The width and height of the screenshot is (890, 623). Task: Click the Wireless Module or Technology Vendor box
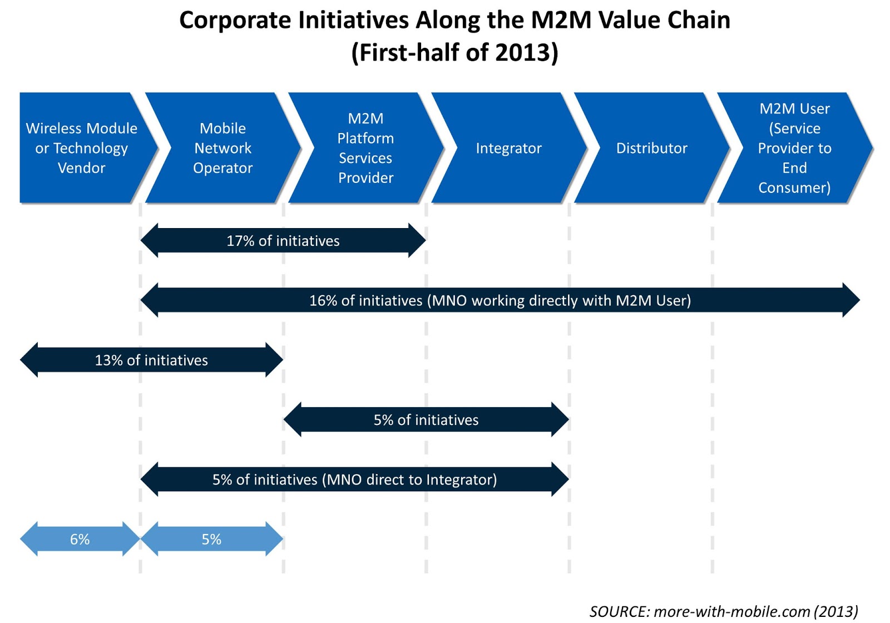[x=81, y=148]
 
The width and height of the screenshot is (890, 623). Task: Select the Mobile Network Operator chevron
[x=222, y=148]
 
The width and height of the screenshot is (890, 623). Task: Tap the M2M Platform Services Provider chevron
[x=365, y=148]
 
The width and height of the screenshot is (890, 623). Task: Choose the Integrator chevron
[x=508, y=148]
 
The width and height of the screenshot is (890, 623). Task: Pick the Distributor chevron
[x=651, y=148]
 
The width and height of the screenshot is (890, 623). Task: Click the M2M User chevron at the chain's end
[x=794, y=148]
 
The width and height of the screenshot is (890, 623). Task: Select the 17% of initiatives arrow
[x=283, y=241]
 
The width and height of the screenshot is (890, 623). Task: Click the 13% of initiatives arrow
[x=151, y=360]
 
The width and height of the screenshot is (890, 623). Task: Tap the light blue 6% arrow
[x=80, y=539]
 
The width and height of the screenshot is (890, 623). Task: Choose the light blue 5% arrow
[x=211, y=539]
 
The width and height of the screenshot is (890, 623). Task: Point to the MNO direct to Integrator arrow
[x=354, y=479]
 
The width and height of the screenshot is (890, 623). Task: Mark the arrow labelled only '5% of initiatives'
[x=426, y=420]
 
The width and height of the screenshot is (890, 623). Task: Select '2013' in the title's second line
[x=522, y=53]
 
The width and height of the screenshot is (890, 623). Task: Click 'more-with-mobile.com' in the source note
[x=731, y=611]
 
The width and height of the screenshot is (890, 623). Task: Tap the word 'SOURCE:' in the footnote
[x=619, y=611]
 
